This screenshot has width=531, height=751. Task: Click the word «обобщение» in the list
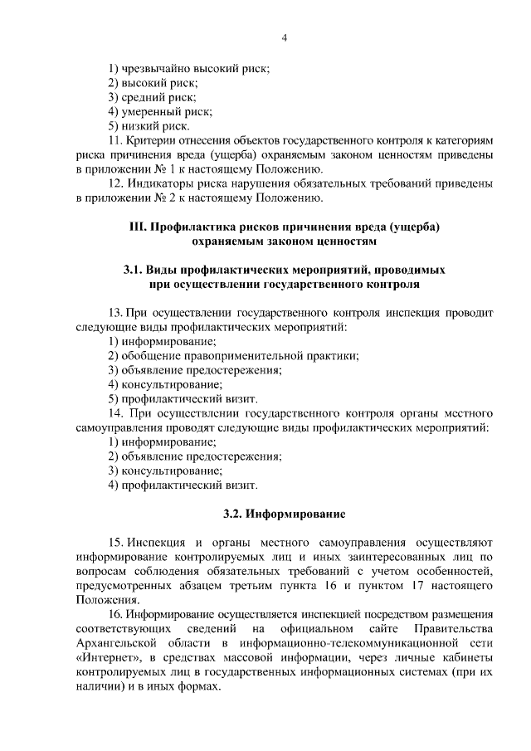[x=147, y=356]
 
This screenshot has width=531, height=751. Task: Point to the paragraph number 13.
[x=117, y=313]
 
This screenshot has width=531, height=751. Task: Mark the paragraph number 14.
[x=117, y=412]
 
